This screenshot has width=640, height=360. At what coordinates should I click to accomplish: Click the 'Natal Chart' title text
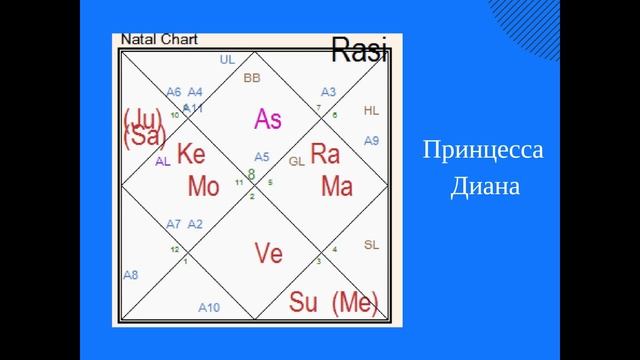pos(159,40)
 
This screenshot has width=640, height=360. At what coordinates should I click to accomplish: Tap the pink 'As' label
pos(267,119)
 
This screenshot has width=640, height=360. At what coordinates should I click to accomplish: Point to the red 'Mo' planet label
pos(203,186)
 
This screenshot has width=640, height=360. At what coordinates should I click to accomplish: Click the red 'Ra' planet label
pos(326,154)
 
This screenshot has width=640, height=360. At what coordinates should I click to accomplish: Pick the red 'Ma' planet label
pos(336,186)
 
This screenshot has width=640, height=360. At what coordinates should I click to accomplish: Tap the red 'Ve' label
pos(268,254)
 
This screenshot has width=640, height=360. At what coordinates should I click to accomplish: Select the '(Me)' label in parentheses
pos(355,301)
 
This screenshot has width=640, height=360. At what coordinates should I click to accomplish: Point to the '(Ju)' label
pos(142,119)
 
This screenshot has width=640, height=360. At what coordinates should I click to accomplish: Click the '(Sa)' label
pos(144,139)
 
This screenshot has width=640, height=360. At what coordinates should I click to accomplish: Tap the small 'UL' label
pos(227,60)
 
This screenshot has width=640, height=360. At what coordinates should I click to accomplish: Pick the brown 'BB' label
pos(252,78)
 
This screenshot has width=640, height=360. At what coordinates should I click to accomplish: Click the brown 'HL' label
pos(371,111)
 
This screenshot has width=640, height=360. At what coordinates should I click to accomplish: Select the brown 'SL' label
pos(371,245)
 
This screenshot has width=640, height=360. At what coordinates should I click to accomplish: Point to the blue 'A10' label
pos(209,307)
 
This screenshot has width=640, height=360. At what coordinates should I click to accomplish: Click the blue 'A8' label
pos(131,274)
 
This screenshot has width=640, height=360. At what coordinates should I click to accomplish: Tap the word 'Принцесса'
pos(483,152)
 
